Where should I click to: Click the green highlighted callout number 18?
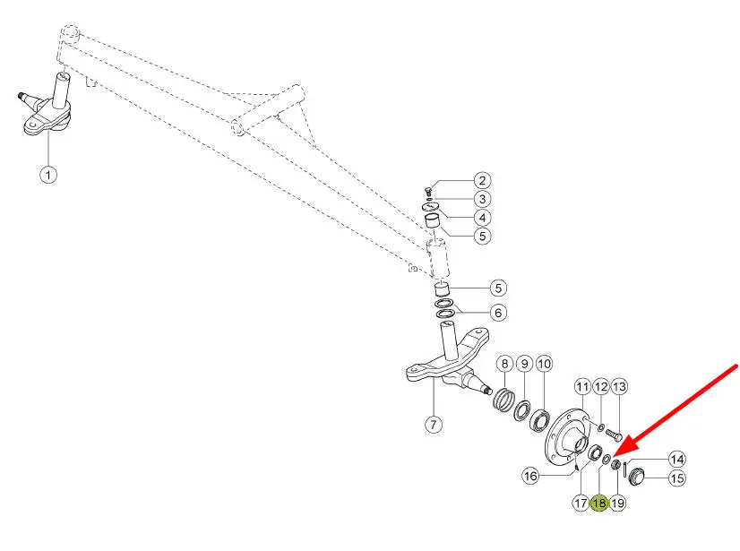[x=598, y=503]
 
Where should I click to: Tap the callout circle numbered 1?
[x=48, y=176]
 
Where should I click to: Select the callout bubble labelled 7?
[x=434, y=425]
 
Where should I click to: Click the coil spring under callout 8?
[x=504, y=400]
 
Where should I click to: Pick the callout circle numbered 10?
[x=544, y=364]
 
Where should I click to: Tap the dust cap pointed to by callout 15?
[x=636, y=477]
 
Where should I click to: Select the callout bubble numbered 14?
[x=677, y=460]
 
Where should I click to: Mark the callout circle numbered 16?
[x=530, y=475]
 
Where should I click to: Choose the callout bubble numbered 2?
[x=482, y=180]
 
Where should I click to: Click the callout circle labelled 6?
[x=498, y=313]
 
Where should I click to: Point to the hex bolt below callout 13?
[x=614, y=433]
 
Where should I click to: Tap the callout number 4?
[x=482, y=218]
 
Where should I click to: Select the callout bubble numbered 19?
[x=618, y=503]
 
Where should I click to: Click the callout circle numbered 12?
[x=601, y=387]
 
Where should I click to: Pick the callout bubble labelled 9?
[x=524, y=364]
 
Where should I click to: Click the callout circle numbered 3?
[x=482, y=199]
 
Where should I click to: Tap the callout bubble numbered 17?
[x=581, y=503]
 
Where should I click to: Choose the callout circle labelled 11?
[x=583, y=387]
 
